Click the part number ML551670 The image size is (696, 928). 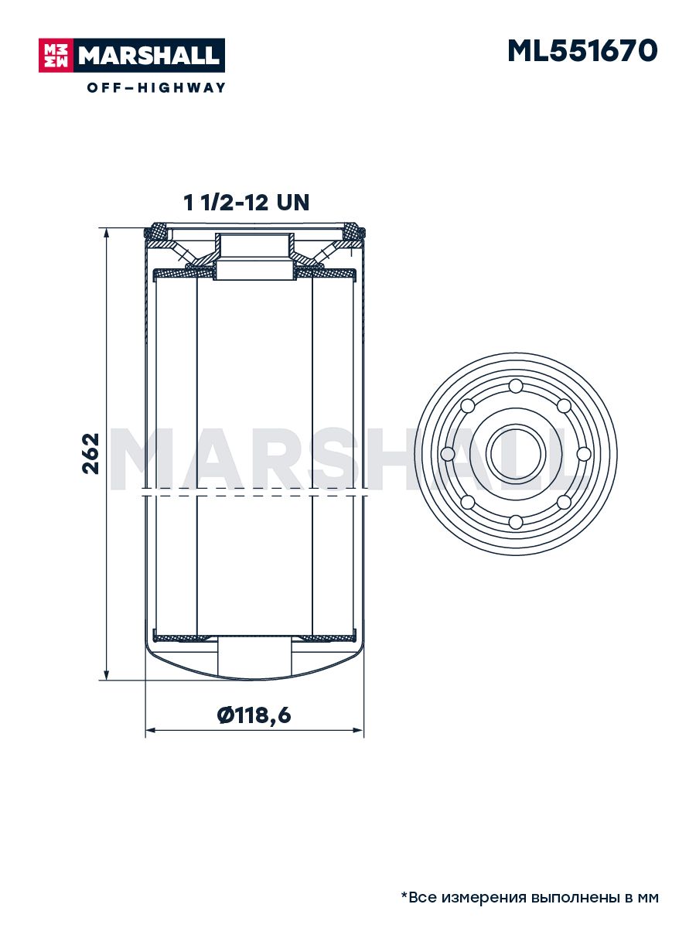(582, 51)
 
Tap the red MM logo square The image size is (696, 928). (56, 56)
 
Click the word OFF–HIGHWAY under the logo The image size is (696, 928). (156, 87)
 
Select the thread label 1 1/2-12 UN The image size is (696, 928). (247, 203)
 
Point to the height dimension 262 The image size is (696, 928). (90, 453)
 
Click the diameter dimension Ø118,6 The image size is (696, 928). (254, 715)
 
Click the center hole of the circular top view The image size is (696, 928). (516, 454)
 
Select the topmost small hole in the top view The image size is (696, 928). (516, 386)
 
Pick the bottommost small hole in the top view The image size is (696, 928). (516, 522)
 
